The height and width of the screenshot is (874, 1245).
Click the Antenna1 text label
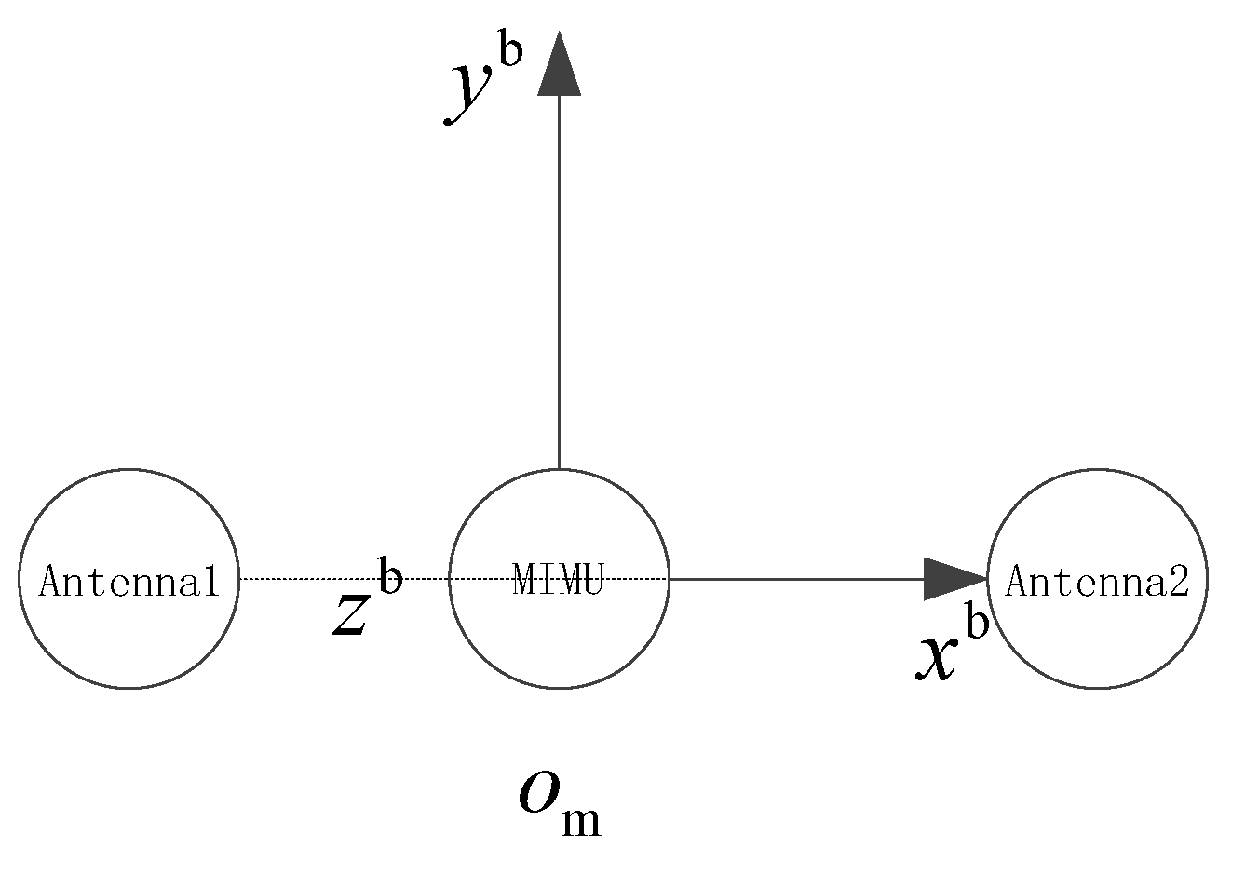[129, 583]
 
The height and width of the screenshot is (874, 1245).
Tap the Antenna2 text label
[1097, 583]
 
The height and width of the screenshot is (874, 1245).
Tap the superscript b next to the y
[510, 52]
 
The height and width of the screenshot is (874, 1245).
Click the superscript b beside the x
[975, 624]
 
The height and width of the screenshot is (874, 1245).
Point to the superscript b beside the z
[389, 577]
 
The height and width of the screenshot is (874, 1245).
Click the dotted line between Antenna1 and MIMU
[307, 579]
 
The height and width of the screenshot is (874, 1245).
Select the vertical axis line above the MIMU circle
[559, 279]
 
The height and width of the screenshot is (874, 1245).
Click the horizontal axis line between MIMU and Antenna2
[792, 579]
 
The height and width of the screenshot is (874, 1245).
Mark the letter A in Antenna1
[49, 583]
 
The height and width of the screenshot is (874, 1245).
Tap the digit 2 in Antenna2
[1178, 583]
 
